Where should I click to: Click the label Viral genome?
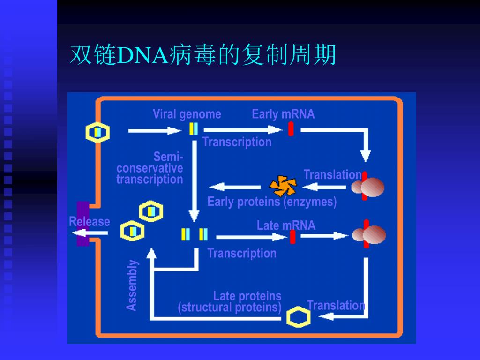pyautogui.click(x=187, y=114)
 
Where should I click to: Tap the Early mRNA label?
pyautogui.click(x=283, y=114)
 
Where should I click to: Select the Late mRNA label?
pyautogui.click(x=286, y=225)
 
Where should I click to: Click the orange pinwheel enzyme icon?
pyautogui.click(x=283, y=187)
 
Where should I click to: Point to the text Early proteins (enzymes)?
pyautogui.click(x=272, y=202)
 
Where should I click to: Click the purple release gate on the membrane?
pyautogui.click(x=83, y=224)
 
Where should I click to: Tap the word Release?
pyautogui.click(x=89, y=221)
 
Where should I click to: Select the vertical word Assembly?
pyautogui.click(x=132, y=285)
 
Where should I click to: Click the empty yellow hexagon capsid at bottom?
pyautogui.click(x=298, y=317)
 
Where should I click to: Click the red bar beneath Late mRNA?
pyautogui.click(x=292, y=236)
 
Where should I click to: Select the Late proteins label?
pyautogui.click(x=247, y=296)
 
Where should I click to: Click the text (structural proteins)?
pyautogui.click(x=230, y=307)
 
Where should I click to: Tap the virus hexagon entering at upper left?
pyautogui.click(x=97, y=133)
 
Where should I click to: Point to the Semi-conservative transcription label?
pyautogui.click(x=150, y=168)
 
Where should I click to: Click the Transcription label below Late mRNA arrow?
pyautogui.click(x=242, y=253)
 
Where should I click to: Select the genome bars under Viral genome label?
pyautogui.click(x=194, y=129)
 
